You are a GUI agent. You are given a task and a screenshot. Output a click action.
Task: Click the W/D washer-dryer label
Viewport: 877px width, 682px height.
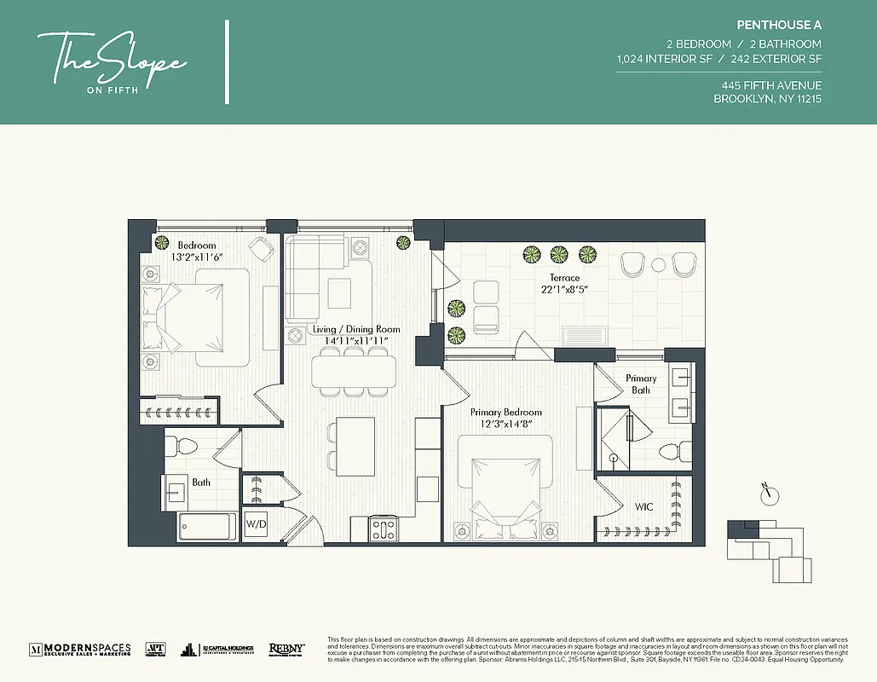pyautogui.click(x=256, y=523)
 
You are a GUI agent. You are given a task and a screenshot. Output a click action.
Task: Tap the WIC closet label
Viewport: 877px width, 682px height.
pyautogui.click(x=644, y=507)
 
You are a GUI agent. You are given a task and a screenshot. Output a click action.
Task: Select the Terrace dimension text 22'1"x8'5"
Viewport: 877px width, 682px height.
pyautogui.click(x=564, y=290)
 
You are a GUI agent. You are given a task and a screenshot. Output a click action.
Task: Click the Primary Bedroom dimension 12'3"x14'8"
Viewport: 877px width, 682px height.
pyautogui.click(x=506, y=424)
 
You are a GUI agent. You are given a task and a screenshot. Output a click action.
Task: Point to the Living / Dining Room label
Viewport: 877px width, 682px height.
pyautogui.click(x=356, y=329)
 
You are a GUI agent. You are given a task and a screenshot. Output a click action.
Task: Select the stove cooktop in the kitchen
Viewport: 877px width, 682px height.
pyautogui.click(x=384, y=529)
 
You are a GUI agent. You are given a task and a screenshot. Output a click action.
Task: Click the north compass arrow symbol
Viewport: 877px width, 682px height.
pyautogui.click(x=768, y=493)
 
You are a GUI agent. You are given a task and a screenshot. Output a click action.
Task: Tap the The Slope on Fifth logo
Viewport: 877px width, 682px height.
pyautogui.click(x=112, y=61)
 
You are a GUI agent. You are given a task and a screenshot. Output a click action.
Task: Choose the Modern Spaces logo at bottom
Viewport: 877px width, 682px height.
pyautogui.click(x=80, y=649)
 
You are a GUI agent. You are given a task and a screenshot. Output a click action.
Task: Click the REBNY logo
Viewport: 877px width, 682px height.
pyautogui.click(x=286, y=649)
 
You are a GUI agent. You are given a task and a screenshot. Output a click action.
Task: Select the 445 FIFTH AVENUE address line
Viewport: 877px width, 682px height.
pyautogui.click(x=770, y=85)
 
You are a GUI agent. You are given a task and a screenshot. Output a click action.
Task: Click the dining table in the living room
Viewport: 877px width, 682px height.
pyautogui.click(x=354, y=371)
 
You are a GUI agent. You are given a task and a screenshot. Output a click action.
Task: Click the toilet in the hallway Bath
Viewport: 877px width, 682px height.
pyautogui.click(x=181, y=446)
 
